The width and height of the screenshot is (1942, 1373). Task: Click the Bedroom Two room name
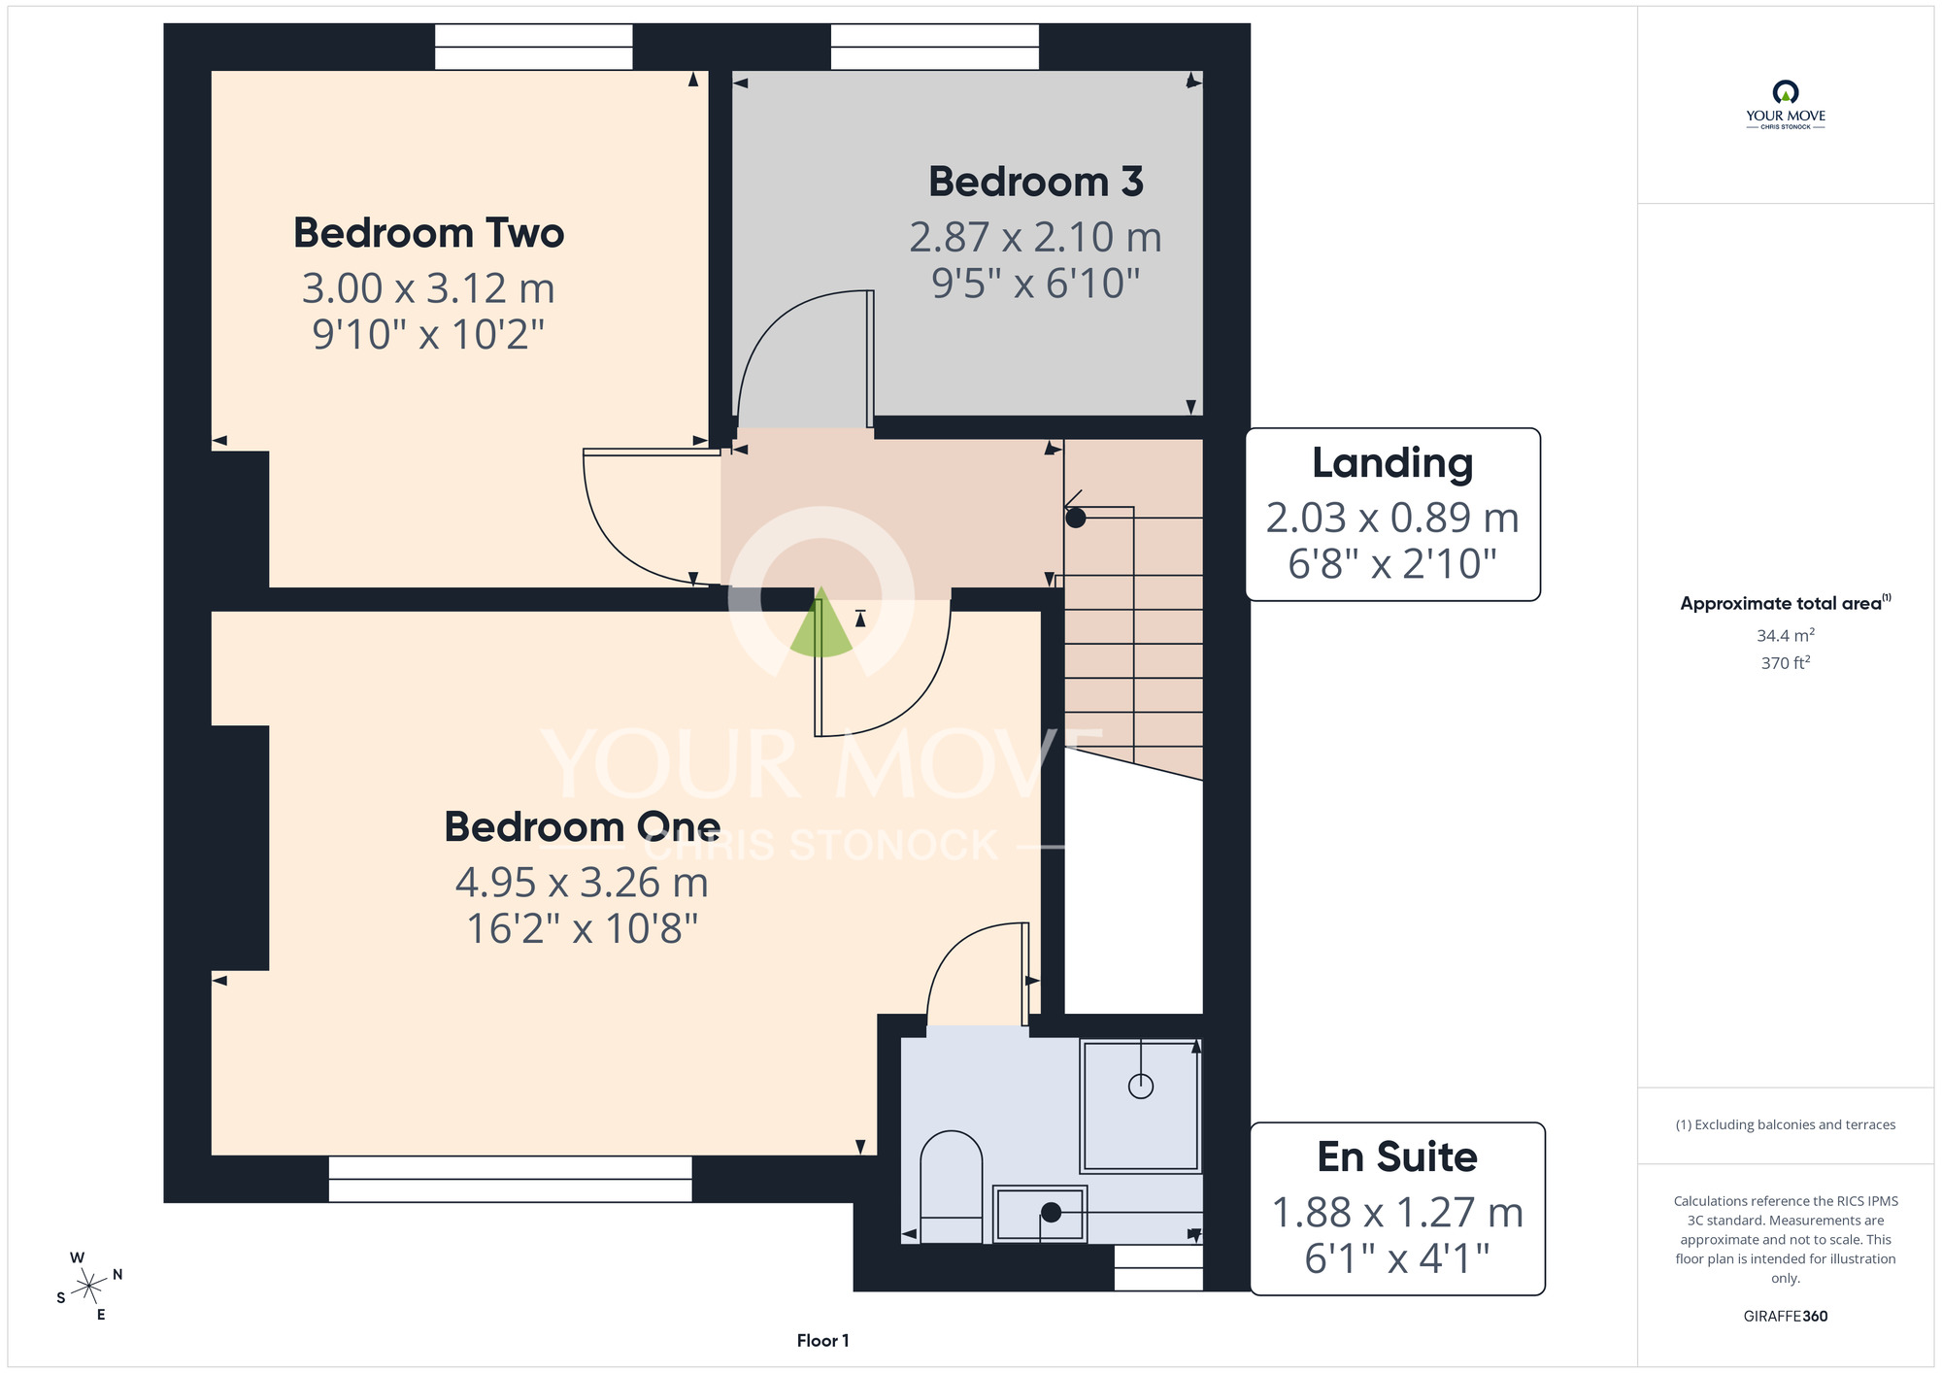point(428,233)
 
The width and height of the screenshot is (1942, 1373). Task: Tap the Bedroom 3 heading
point(1036,182)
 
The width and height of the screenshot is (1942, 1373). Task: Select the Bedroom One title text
point(583,826)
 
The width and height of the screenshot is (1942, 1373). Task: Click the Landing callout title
point(1392,464)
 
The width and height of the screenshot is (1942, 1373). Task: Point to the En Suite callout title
point(1397,1156)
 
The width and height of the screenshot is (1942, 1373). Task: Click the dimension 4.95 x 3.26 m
point(582,883)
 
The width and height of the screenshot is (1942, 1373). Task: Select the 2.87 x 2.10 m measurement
point(1035,237)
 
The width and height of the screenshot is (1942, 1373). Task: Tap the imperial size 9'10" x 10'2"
point(428,334)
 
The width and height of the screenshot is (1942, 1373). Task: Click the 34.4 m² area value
point(1785,635)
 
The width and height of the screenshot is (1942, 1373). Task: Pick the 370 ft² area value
point(1785,662)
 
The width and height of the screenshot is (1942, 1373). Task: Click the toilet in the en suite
point(951,1186)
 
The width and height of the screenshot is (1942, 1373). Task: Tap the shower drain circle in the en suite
point(1141,1087)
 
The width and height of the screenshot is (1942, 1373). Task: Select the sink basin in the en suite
point(1039,1213)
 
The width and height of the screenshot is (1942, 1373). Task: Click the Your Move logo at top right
point(1785,105)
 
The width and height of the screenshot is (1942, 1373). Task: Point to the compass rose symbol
point(88,1288)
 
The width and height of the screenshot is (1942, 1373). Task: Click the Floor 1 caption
point(822,1341)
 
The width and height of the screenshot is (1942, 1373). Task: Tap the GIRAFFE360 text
point(1785,1317)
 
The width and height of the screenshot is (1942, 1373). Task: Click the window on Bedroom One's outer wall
point(510,1179)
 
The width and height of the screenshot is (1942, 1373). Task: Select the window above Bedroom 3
point(934,47)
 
